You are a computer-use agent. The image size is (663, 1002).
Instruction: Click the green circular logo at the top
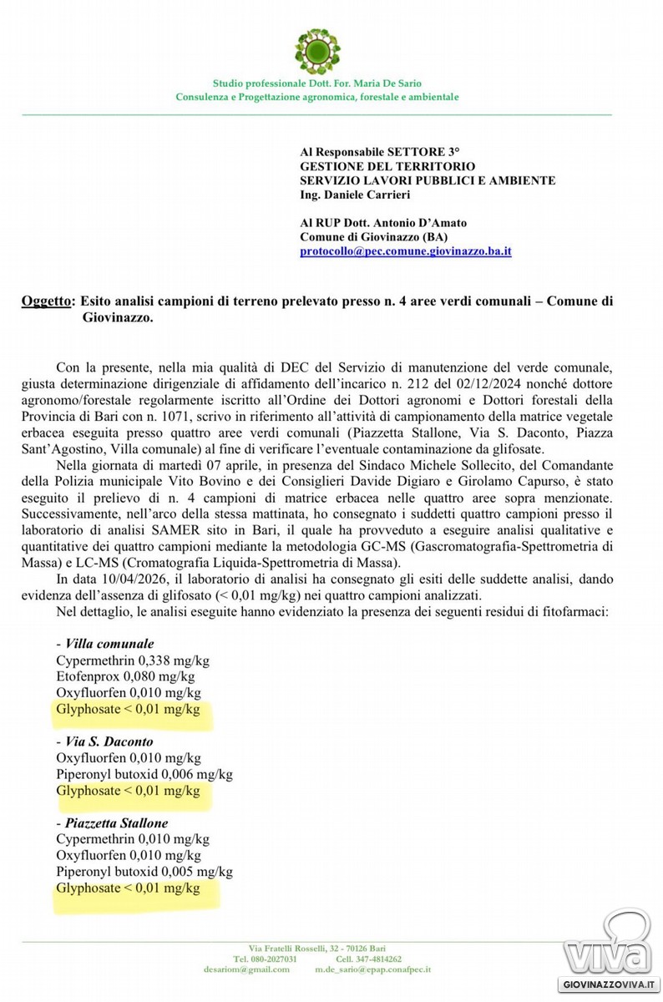click(x=317, y=50)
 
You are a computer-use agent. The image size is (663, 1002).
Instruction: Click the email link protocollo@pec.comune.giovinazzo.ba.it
click(x=406, y=250)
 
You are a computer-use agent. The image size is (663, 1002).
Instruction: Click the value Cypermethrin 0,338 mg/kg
click(x=133, y=660)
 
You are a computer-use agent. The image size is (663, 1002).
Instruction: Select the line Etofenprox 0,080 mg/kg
click(x=125, y=676)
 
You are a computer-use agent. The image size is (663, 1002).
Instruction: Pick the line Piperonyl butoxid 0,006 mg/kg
click(x=144, y=774)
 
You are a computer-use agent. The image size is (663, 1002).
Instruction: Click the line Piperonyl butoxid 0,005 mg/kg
click(x=144, y=872)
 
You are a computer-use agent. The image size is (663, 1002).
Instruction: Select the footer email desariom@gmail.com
click(x=246, y=969)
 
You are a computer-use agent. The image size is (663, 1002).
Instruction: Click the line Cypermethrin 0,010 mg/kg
click(x=133, y=839)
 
